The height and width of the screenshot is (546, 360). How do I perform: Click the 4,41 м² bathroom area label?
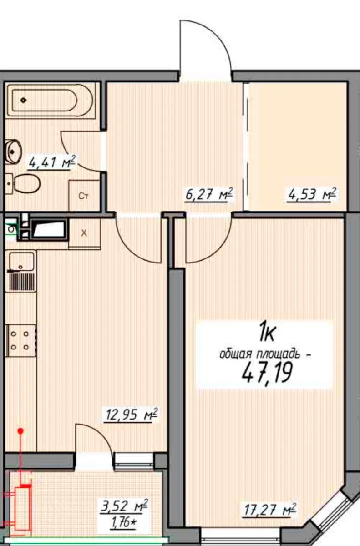point(52,162)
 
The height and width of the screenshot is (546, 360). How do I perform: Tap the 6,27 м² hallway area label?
point(209,195)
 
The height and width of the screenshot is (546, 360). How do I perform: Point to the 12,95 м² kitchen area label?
point(131,415)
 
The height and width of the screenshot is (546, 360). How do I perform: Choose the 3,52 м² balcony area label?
point(124,506)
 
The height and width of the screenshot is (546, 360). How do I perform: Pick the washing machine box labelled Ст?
point(84,195)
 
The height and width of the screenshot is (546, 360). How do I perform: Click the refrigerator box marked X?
point(84,233)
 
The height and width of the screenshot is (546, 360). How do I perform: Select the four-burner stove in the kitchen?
point(21,340)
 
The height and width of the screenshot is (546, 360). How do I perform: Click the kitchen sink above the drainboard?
point(21,261)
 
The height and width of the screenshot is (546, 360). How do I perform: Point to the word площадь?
point(278,354)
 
